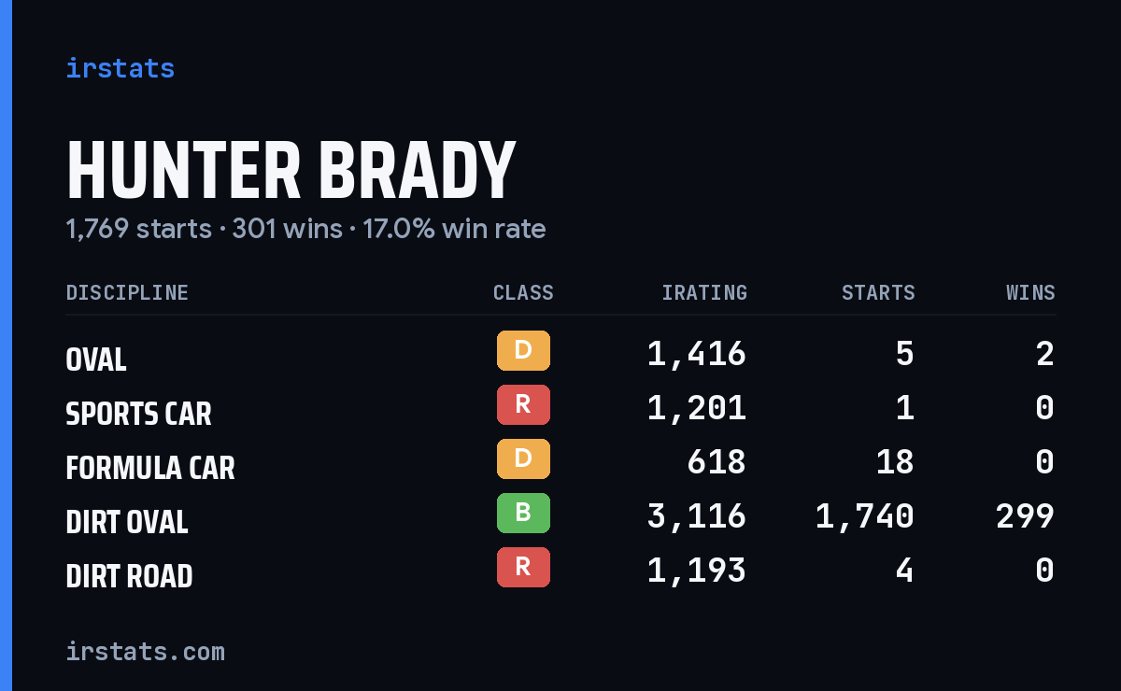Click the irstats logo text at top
121,68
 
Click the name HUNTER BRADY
291,170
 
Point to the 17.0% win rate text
454,229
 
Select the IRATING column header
704,292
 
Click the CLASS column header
523,292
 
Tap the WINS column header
1031,292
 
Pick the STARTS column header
878,292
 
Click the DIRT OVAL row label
127,522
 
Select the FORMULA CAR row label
150,468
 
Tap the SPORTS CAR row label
138,414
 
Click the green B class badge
523,513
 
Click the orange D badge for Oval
523,350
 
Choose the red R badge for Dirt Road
523,567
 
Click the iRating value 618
717,462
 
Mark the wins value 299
1025,516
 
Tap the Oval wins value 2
1045,354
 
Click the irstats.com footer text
146,652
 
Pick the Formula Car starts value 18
895,462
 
